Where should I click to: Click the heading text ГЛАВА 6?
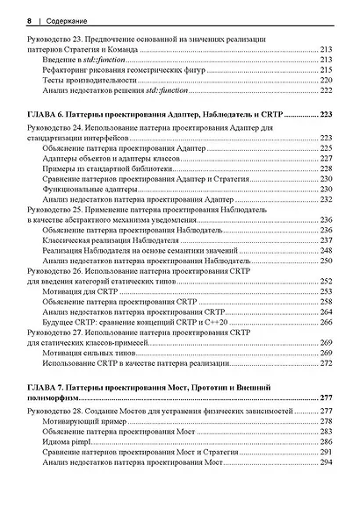49,114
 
